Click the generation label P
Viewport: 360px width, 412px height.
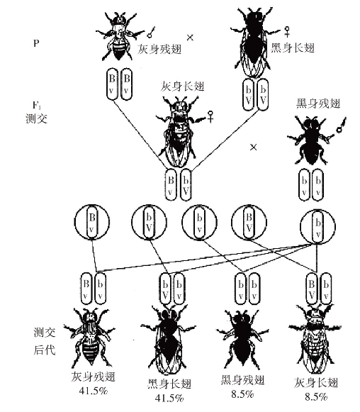[36, 43]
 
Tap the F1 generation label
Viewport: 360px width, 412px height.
[37, 106]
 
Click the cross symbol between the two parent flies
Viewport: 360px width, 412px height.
[190, 38]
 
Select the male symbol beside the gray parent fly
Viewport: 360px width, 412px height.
[151, 32]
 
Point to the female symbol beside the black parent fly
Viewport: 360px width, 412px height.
[288, 31]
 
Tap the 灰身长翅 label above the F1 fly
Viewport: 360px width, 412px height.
[183, 87]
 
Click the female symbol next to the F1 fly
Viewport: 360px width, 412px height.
[210, 116]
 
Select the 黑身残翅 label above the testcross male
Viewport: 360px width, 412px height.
[318, 104]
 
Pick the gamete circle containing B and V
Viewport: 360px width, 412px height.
[249, 222]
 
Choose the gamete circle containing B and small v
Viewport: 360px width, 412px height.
[92, 222]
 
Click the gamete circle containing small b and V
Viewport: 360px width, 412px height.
[149, 222]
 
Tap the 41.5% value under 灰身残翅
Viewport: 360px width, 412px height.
[94, 391]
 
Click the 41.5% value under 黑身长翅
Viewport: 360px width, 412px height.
[169, 399]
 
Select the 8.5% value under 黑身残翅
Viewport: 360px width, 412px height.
[242, 394]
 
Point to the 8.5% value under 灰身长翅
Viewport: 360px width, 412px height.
[316, 397]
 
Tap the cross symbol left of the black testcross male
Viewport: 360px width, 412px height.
[253, 147]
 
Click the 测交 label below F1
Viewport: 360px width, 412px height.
[37, 118]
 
